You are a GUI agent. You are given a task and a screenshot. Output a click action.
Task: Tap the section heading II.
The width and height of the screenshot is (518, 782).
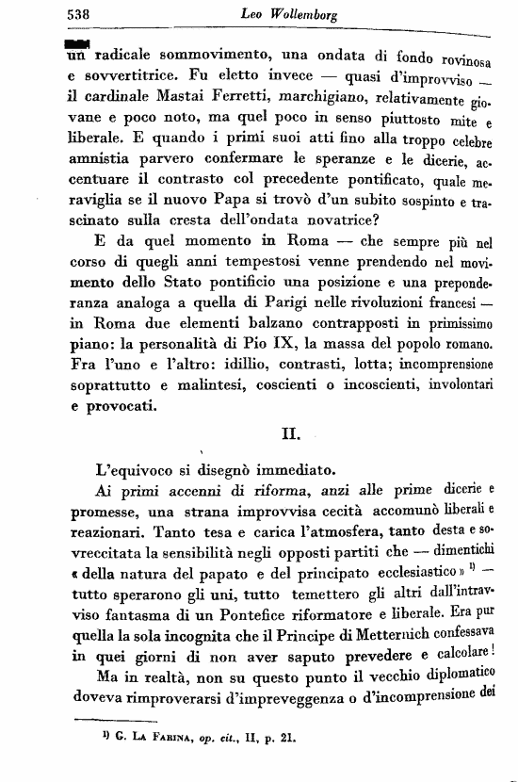tap(291, 436)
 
